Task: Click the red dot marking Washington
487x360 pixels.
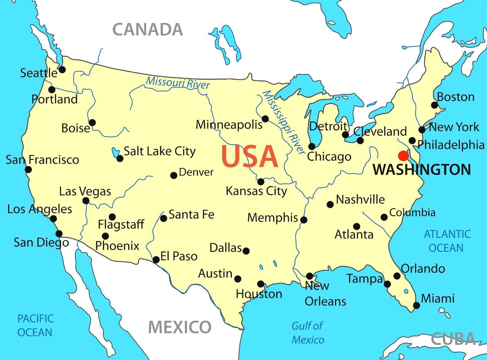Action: pyautogui.click(x=403, y=155)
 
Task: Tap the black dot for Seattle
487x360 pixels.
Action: pyautogui.click(x=62, y=69)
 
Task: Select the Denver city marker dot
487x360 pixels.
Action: pyautogui.click(x=173, y=175)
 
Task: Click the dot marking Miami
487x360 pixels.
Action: pyautogui.click(x=416, y=305)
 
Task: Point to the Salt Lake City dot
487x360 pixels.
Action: pyautogui.click(x=120, y=158)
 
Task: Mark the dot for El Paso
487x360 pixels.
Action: pyautogui.click(x=156, y=259)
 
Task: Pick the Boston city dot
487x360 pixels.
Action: pyautogui.click(x=434, y=105)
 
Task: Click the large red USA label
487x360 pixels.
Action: pyautogui.click(x=250, y=156)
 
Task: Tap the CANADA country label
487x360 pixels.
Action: pyautogui.click(x=148, y=30)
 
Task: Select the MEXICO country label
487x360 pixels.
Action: pyautogui.click(x=179, y=327)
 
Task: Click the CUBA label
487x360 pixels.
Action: pyautogui.click(x=453, y=338)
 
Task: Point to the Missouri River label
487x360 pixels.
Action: pyautogui.click(x=178, y=82)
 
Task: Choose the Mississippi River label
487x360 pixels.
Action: pyautogui.click(x=283, y=122)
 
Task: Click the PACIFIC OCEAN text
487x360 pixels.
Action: pyautogui.click(x=36, y=325)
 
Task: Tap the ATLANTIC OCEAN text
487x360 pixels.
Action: pyautogui.click(x=447, y=241)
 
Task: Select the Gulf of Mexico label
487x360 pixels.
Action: pyautogui.click(x=308, y=333)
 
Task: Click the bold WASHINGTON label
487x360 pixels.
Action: pyautogui.click(x=421, y=170)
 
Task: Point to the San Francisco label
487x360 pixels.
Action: pyautogui.click(x=42, y=159)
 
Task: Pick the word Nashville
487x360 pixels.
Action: pyautogui.click(x=360, y=199)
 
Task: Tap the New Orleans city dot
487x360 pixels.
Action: pyautogui.click(x=310, y=276)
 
